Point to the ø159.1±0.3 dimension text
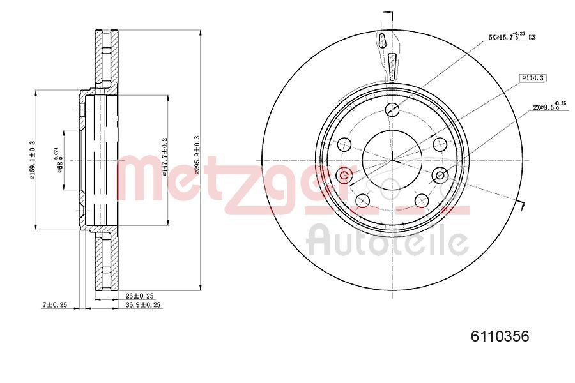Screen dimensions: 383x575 point(32,161)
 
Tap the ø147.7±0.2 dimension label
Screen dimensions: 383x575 point(165,156)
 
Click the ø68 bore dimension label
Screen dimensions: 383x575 point(59,160)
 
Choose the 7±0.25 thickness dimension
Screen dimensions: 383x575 point(55,305)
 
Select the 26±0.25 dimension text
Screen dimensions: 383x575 point(140,296)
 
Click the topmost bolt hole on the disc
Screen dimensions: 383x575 point(393,109)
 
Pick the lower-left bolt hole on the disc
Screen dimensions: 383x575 point(362,200)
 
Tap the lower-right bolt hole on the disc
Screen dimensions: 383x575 point(422,200)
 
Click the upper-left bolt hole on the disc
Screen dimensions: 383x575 point(344,143)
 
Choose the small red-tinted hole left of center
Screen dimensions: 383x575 point(345,174)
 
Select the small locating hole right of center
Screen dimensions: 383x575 point(440,174)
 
